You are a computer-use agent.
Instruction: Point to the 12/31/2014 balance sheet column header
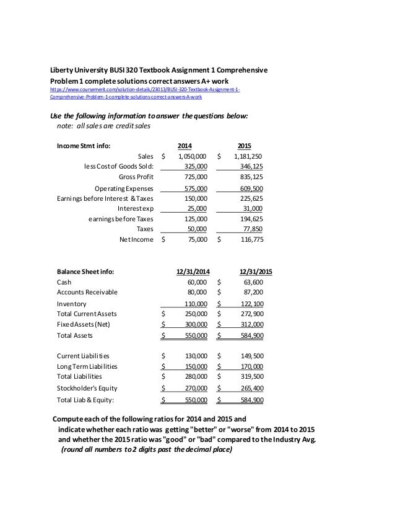(x=193, y=271)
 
